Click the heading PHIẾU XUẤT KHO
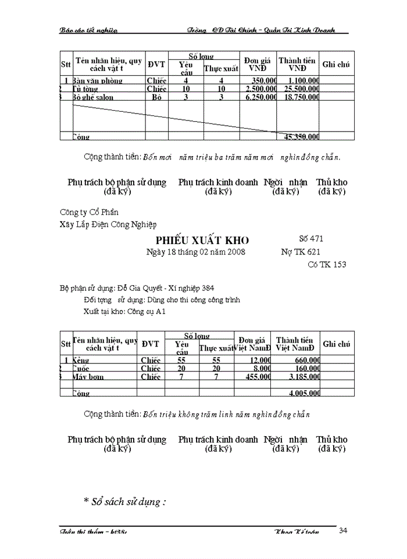202,240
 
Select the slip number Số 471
310,239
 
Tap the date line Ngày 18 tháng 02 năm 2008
195,252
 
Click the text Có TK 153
327,264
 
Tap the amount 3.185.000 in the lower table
303,377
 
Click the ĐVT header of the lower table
151,344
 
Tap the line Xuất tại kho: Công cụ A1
125,312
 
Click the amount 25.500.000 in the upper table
301,89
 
